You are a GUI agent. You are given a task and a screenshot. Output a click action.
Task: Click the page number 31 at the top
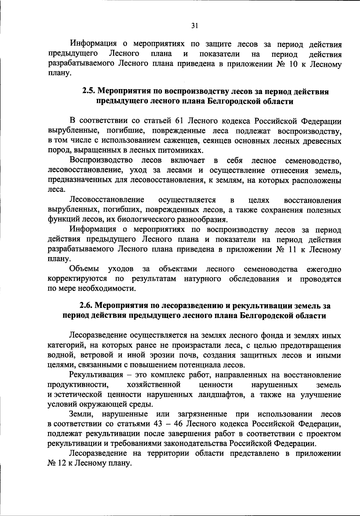(x=194, y=26)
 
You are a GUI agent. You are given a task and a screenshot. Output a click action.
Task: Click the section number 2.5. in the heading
(x=89, y=91)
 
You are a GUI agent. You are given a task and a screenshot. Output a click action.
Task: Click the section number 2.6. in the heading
(x=86, y=306)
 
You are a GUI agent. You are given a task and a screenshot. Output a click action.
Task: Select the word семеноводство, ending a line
(x=313, y=161)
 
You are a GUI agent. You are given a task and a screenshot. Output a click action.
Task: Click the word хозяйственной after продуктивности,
(x=154, y=385)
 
